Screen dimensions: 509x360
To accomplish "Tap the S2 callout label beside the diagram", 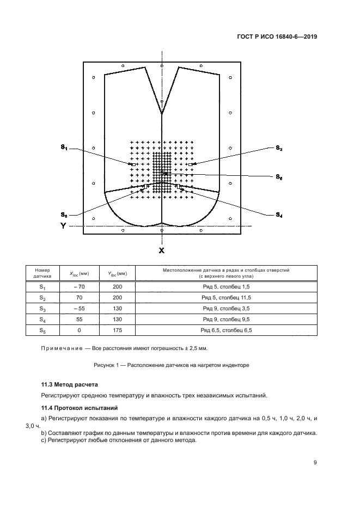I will pyautogui.click(x=278, y=148).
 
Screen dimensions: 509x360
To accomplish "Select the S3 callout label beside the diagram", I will pyautogui.click(x=64, y=214).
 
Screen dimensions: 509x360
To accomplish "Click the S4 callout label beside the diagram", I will pyautogui.click(x=278, y=215).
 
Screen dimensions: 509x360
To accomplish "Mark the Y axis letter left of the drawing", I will pyautogui.click(x=63, y=225).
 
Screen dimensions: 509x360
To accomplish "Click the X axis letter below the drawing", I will pyautogui.click(x=161, y=250).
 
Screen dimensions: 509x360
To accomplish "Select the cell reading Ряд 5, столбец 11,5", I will pyautogui.click(x=226, y=298).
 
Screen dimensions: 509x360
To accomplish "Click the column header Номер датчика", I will pyautogui.click(x=42, y=273).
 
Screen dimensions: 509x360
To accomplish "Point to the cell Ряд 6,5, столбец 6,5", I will pyautogui.click(x=226, y=330).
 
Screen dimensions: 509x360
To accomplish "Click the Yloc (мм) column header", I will pyautogui.click(x=117, y=273).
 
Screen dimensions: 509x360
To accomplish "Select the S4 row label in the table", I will pyautogui.click(x=42, y=320).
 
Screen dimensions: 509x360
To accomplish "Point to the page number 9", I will pyautogui.click(x=315, y=463).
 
